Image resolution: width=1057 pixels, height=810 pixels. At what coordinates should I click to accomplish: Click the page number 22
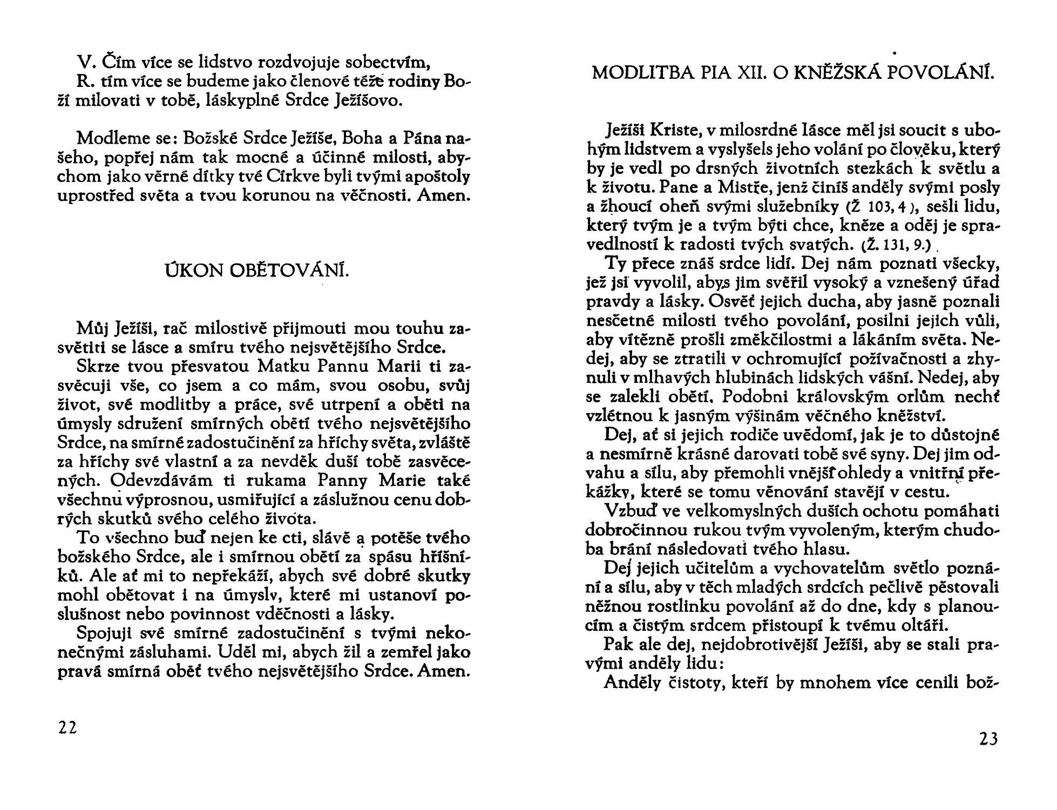[67, 727]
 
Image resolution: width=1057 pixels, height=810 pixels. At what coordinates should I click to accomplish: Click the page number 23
[988, 738]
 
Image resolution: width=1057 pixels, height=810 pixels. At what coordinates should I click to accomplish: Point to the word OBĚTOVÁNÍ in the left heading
[290, 271]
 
